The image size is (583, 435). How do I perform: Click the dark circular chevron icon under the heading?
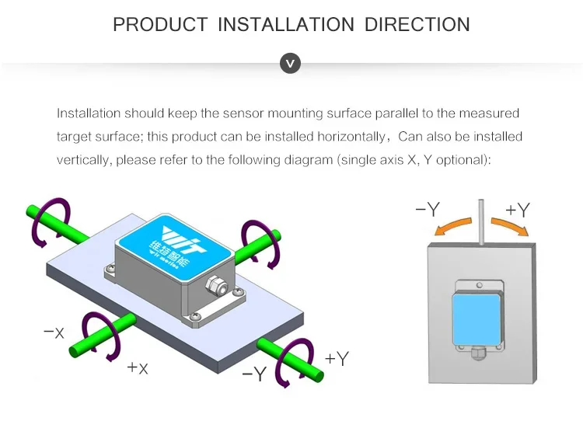click(290, 64)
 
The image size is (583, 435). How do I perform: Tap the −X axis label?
click(54, 332)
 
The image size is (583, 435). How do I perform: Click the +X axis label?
click(138, 367)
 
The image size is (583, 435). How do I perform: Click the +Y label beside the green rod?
click(337, 358)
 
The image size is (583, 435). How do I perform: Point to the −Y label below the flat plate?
click(254, 374)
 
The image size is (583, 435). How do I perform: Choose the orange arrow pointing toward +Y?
click(509, 225)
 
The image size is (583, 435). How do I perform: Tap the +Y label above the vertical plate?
click(518, 210)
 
